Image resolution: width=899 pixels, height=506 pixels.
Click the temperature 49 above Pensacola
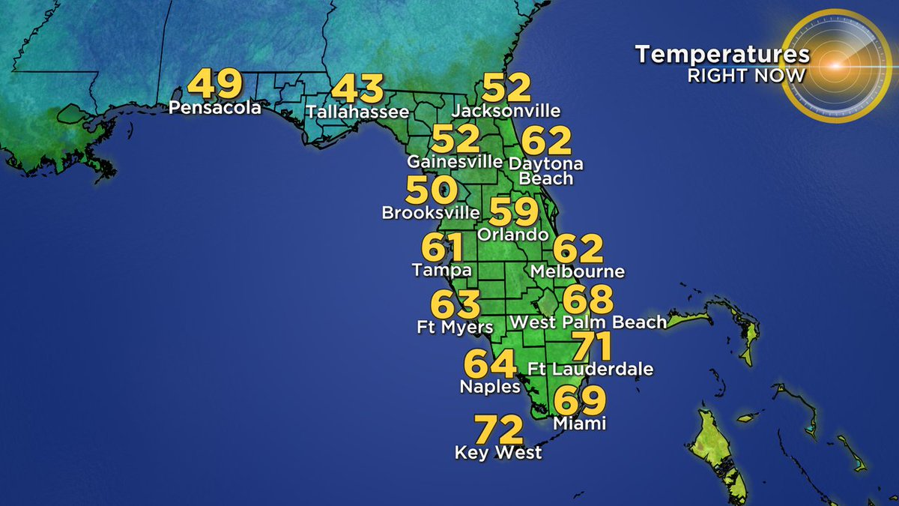[x=215, y=84]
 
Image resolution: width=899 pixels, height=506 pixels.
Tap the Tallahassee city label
[x=358, y=112]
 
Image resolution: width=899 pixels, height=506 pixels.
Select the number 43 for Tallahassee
[x=358, y=88]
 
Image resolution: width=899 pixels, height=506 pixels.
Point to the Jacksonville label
[x=506, y=111]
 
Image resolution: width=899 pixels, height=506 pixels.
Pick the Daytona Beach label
[x=545, y=171]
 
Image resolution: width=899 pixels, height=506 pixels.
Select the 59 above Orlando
[x=513, y=211]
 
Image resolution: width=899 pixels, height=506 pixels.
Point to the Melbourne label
[x=576, y=271]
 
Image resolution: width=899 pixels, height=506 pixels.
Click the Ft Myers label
[x=455, y=328]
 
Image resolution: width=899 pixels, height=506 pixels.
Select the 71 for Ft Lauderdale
[x=592, y=346]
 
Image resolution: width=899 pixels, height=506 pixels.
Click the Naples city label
[x=489, y=388]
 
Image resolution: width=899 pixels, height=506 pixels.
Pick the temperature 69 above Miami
[x=579, y=401]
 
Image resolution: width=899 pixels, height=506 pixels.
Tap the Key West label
[x=498, y=454]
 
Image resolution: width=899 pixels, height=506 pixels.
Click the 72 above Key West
[x=498, y=430]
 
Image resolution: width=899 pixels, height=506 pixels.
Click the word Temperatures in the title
[x=722, y=55]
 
